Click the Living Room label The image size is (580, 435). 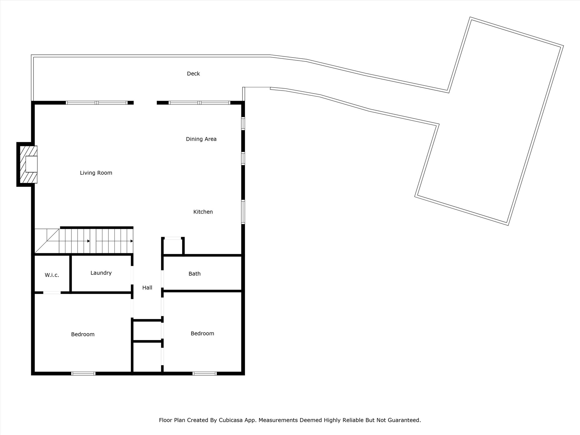(x=96, y=173)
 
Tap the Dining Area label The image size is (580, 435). (x=201, y=139)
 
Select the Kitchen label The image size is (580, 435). (x=203, y=212)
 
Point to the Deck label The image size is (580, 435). (x=193, y=74)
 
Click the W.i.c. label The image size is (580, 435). (x=52, y=275)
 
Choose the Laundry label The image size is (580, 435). (x=101, y=273)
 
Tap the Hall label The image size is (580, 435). (x=147, y=288)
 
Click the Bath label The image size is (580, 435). (x=194, y=274)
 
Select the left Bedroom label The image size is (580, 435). (x=83, y=334)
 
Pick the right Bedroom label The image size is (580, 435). (x=202, y=334)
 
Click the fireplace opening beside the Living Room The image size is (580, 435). (x=31, y=164)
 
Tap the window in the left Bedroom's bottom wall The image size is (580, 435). (x=83, y=374)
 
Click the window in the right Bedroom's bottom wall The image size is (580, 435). (x=204, y=374)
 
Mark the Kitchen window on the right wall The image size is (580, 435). (x=243, y=212)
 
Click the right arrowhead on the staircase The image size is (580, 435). (x=132, y=241)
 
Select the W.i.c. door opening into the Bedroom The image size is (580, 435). (x=52, y=293)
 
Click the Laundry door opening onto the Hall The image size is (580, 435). (x=132, y=275)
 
